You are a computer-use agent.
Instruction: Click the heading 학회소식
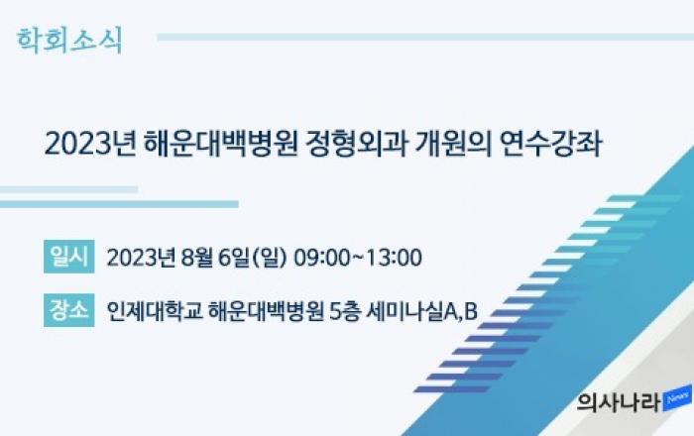(69, 41)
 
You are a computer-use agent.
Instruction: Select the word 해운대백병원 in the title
(220, 144)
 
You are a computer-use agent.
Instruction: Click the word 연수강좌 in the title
(551, 144)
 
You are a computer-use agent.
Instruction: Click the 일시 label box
(69, 257)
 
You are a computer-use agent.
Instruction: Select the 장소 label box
(69, 310)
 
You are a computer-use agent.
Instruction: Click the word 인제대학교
(155, 311)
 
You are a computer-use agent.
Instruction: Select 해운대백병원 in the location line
(266, 311)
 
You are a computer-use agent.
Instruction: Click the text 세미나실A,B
(422, 311)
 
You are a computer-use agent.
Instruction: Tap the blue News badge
(677, 398)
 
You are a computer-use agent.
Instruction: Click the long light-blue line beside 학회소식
(425, 37)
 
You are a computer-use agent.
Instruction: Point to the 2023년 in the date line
(141, 258)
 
